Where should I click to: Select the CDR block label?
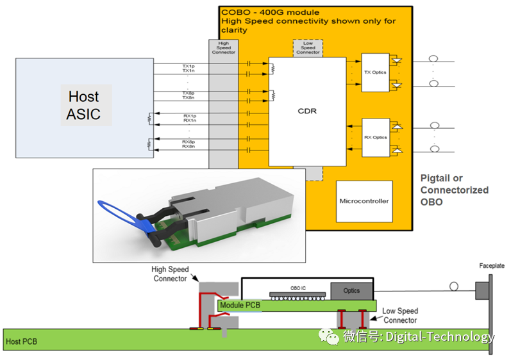tap(307, 111)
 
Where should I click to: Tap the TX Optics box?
tap(375, 72)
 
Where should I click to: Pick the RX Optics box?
tap(375, 137)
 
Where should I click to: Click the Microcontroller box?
tap(364, 201)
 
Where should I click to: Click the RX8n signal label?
tap(188, 147)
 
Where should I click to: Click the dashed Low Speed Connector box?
tap(308, 48)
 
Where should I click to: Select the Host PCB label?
tap(21, 341)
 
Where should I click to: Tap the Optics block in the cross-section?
tap(351, 291)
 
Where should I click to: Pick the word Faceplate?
tap(492, 265)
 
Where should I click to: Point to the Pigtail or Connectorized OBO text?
tap(454, 190)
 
